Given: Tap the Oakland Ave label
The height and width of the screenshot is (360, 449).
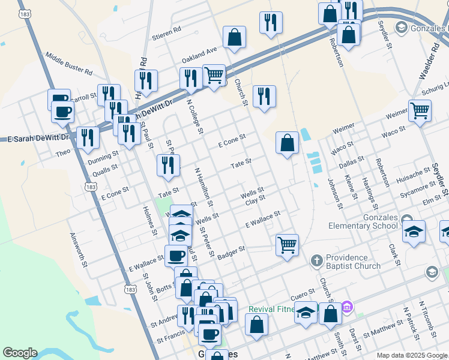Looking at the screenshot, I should tap(199, 52).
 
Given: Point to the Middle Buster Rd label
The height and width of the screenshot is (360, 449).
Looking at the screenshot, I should tap(68, 62).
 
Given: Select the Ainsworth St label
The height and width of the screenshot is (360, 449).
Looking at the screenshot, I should tap(79, 250).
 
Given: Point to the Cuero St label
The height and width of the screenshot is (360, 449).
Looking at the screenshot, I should tap(303, 295).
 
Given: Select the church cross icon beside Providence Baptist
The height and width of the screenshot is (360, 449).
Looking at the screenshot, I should tap(317, 261).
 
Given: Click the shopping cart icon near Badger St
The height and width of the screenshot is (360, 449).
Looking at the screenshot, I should tap(288, 244).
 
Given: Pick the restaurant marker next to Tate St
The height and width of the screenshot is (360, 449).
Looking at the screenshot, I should tap(168, 164).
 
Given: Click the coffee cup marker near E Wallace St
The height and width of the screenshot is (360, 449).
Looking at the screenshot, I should tap(176, 255).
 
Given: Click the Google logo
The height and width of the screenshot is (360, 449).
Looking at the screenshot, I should tap(20, 353).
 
